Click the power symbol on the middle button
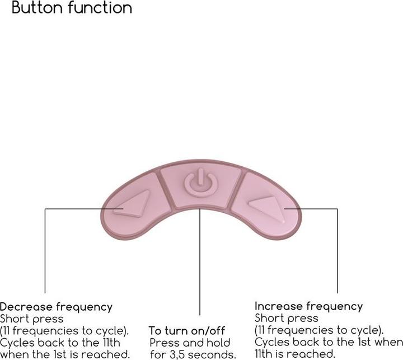(200, 183)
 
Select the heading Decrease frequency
(56, 307)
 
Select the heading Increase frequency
(308, 306)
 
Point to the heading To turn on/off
(186, 331)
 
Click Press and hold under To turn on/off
(190, 343)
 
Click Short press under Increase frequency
(279, 318)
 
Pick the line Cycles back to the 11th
(60, 342)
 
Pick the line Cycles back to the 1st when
(329, 342)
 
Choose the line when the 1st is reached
(65, 354)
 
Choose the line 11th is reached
(295, 353)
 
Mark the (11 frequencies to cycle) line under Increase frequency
(319, 330)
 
